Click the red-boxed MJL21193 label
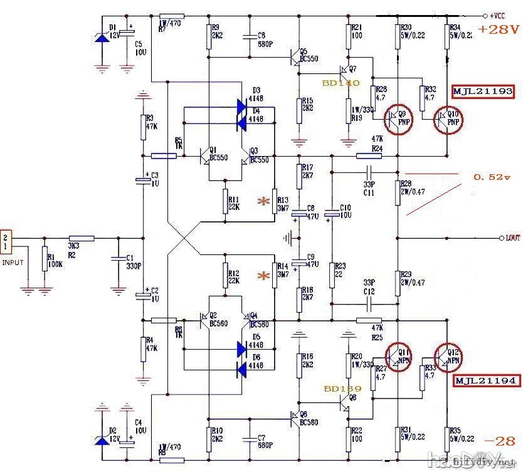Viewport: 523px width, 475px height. coord(483,91)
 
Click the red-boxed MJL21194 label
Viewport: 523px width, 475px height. coord(485,380)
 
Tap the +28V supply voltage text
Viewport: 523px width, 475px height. coord(499,29)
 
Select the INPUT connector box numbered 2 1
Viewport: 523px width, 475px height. coord(6,239)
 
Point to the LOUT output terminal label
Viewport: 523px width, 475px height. coord(509,238)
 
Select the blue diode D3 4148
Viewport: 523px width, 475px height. coord(242,106)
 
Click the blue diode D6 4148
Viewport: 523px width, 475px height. coord(242,370)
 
